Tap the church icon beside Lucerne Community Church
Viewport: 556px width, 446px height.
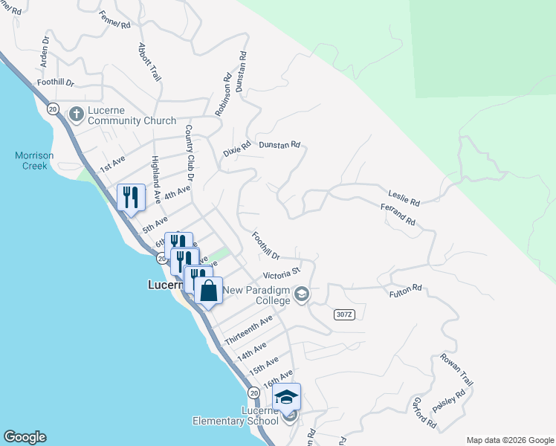pyautogui.click(x=75, y=114)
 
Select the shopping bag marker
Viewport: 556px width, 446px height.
pyautogui.click(x=208, y=291)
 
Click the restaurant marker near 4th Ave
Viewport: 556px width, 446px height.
pyautogui.click(x=131, y=198)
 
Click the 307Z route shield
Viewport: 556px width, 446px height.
pyautogui.click(x=344, y=314)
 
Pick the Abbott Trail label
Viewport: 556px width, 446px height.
pyautogui.click(x=149, y=62)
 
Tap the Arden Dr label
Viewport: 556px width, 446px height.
pyautogui.click(x=44, y=51)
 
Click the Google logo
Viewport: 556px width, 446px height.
pyautogui.click(x=25, y=437)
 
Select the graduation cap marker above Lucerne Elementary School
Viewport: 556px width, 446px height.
pyautogui.click(x=286, y=397)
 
